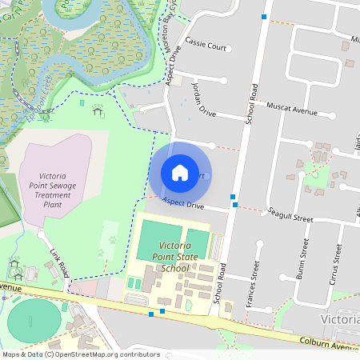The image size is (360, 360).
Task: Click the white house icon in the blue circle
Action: [x=180, y=173]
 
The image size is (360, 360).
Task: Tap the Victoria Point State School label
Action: [x=163, y=257]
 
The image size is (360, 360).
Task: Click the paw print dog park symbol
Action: [x=113, y=238]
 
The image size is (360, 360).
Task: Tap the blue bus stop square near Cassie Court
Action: [x=264, y=16]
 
